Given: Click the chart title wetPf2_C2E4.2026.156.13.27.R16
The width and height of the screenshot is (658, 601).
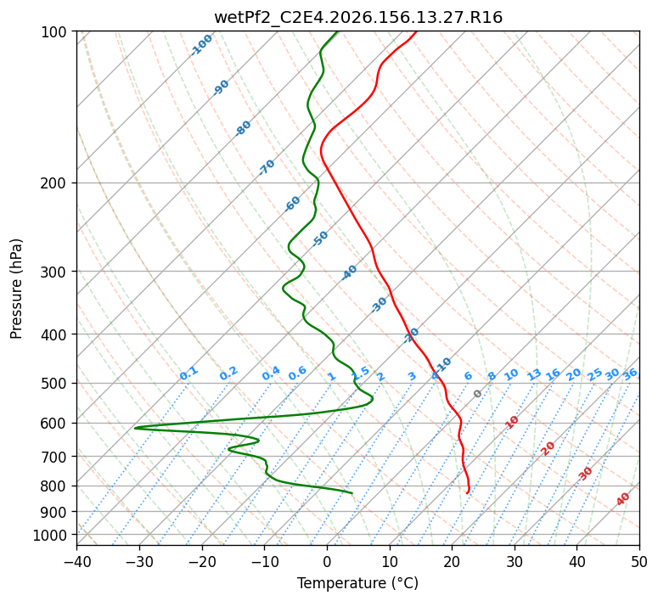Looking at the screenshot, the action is click(x=358, y=18).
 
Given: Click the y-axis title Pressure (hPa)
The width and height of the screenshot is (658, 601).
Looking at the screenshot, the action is click(x=16, y=289).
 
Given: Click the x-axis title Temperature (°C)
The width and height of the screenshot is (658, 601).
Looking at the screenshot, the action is click(x=358, y=583).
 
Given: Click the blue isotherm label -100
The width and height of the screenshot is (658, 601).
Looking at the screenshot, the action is click(x=201, y=45).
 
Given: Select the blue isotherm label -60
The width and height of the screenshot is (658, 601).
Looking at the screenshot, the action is click(x=292, y=204).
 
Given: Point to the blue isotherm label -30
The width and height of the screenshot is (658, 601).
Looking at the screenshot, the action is click(x=379, y=305).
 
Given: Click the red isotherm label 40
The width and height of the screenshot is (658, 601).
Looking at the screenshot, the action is click(x=622, y=499).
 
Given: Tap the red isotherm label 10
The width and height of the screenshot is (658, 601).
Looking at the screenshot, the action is click(x=511, y=422).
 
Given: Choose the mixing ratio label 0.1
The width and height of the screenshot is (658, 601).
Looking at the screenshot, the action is click(x=188, y=374).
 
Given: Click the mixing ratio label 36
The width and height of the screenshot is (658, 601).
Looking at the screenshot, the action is click(x=630, y=374).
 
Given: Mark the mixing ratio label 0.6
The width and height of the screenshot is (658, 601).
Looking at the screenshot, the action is click(x=297, y=374).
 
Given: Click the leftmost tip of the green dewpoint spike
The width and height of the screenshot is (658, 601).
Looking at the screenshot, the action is click(x=134, y=428).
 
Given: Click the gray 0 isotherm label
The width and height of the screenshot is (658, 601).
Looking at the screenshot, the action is click(x=477, y=394).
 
